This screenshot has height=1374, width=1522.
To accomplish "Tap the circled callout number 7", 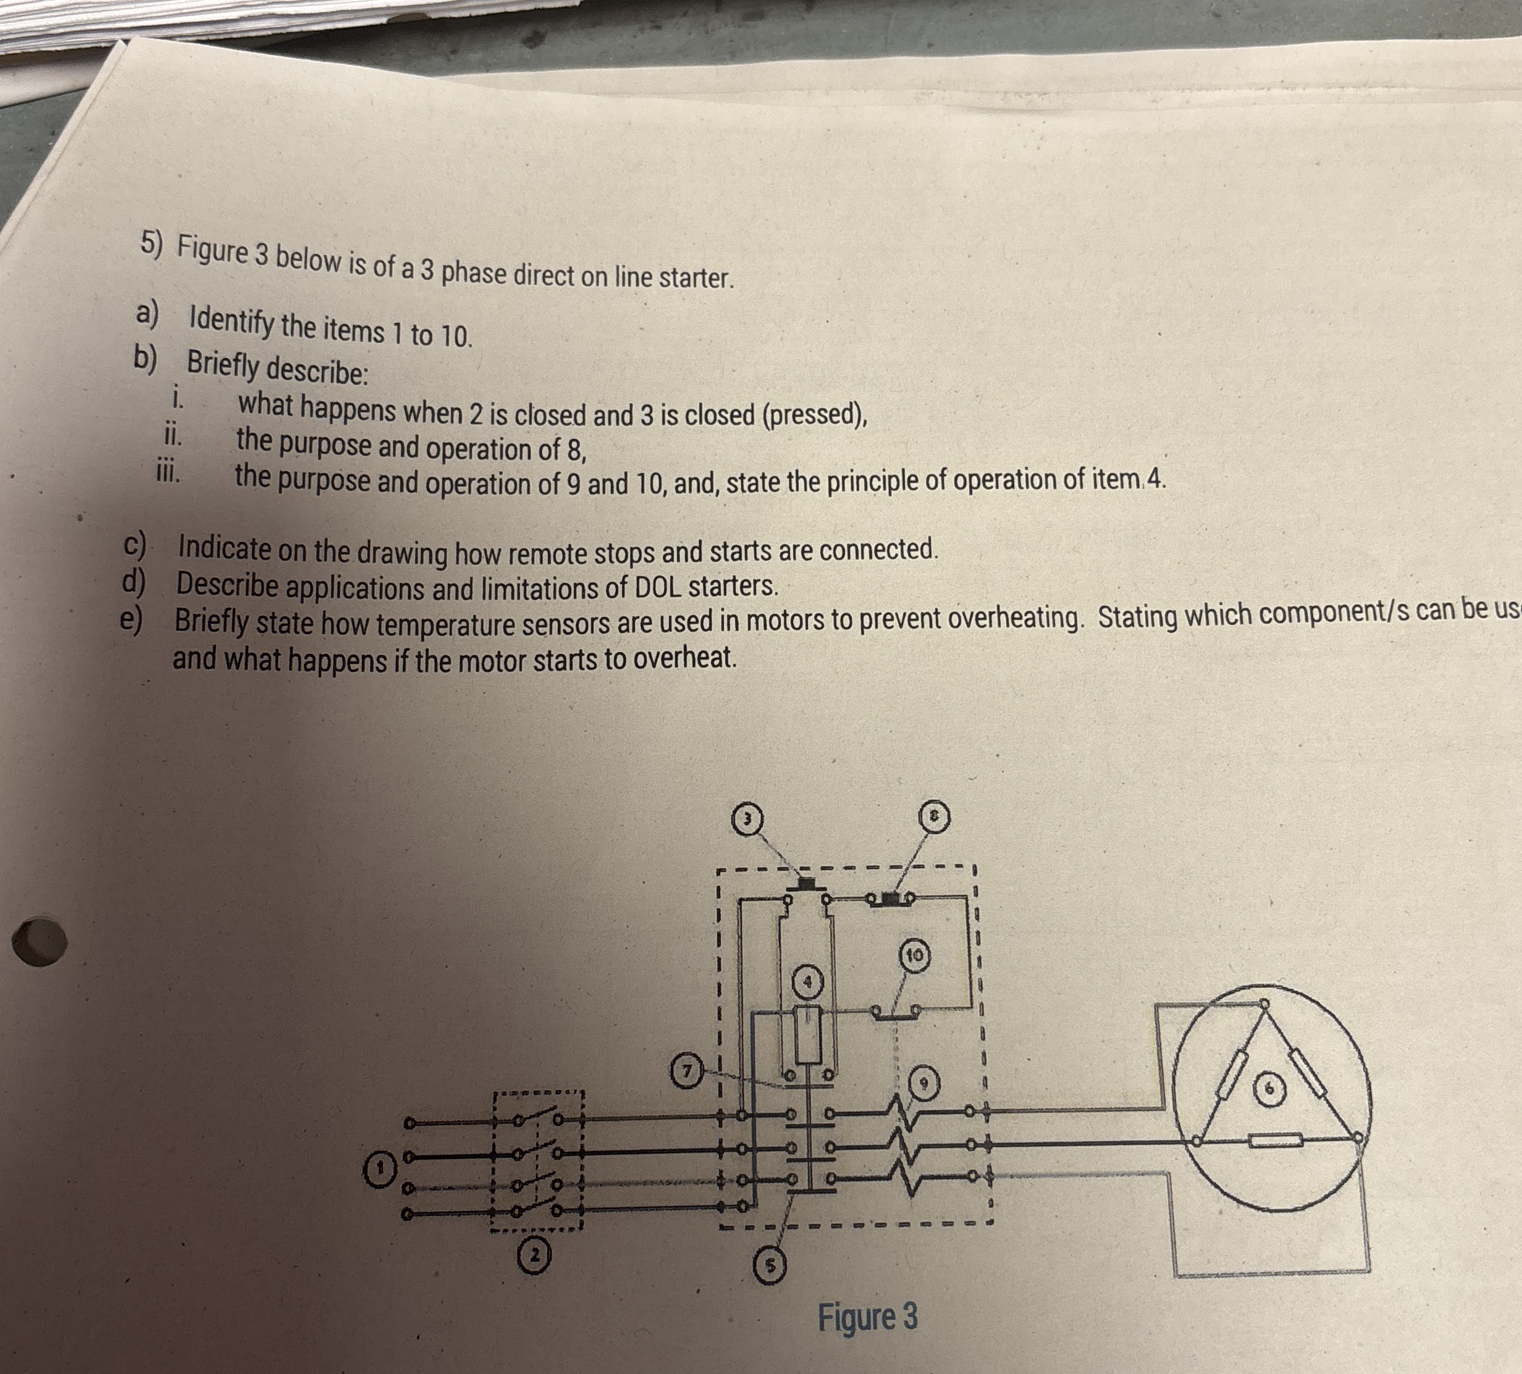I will [x=687, y=1071].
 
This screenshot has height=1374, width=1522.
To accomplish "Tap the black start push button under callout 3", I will [x=806, y=883].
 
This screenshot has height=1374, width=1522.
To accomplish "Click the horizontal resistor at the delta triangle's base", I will [x=1275, y=1140].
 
